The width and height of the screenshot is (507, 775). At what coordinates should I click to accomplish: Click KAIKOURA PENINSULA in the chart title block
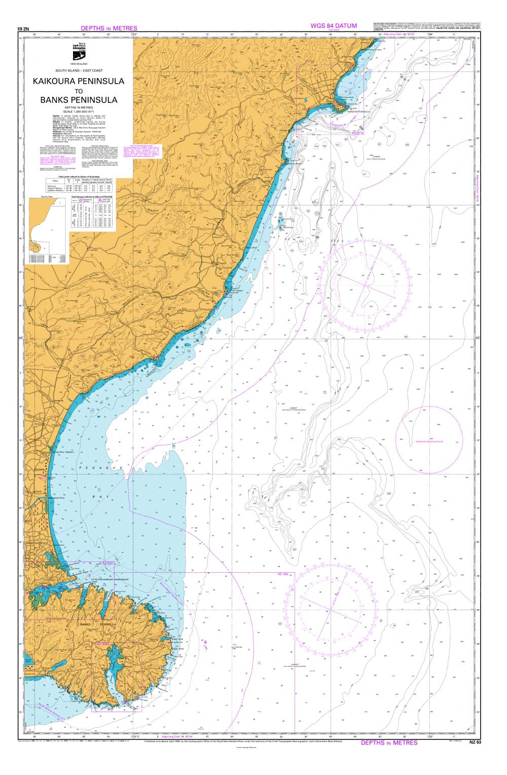[x=78, y=81]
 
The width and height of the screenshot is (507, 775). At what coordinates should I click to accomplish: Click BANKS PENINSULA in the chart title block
[x=79, y=100]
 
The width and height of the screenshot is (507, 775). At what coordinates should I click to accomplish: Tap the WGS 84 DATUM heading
[x=334, y=26]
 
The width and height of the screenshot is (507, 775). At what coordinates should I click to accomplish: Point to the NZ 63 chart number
[x=474, y=743]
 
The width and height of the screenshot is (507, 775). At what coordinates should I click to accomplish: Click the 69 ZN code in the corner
[x=23, y=29]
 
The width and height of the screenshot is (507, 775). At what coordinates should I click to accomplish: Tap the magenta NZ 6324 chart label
[x=102, y=644]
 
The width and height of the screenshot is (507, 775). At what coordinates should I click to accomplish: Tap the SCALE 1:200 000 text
[x=79, y=111]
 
